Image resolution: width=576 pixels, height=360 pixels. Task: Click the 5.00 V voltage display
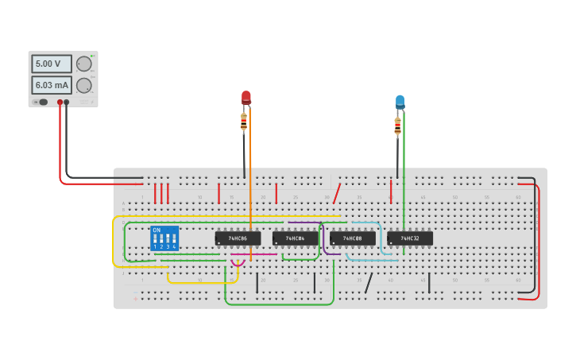(x=51, y=64)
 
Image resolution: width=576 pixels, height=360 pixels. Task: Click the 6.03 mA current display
(x=51, y=85)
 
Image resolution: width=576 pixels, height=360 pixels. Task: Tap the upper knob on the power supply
(x=83, y=64)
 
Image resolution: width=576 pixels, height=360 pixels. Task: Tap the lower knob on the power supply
(x=83, y=85)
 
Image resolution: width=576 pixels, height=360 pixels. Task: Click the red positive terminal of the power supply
(x=60, y=103)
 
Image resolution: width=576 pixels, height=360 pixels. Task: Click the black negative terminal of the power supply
(x=67, y=103)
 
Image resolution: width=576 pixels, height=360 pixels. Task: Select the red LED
(x=246, y=98)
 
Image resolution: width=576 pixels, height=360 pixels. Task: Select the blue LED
(x=400, y=102)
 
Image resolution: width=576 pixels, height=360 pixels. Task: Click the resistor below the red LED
(x=244, y=122)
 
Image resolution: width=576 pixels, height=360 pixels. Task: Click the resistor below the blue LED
(x=397, y=126)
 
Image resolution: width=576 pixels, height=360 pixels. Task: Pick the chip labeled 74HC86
(x=238, y=238)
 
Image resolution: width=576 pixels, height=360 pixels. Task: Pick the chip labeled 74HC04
(x=295, y=238)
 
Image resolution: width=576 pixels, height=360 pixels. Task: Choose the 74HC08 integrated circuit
(x=352, y=238)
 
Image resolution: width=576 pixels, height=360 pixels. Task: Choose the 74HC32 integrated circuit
(x=409, y=238)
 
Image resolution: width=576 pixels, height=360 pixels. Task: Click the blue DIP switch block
(x=164, y=238)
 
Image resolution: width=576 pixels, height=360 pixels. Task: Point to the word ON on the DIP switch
(x=157, y=230)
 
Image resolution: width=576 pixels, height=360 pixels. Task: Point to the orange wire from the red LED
(x=250, y=183)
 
